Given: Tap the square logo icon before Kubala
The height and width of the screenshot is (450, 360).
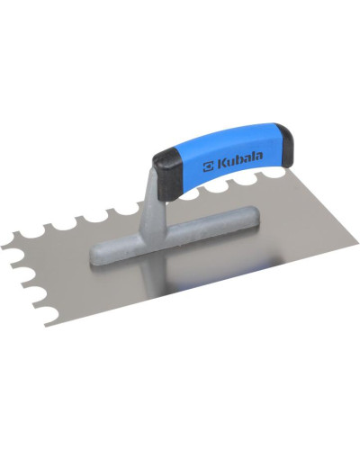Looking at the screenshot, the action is click(208, 167).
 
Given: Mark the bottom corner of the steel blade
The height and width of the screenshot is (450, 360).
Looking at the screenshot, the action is click(45, 326).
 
